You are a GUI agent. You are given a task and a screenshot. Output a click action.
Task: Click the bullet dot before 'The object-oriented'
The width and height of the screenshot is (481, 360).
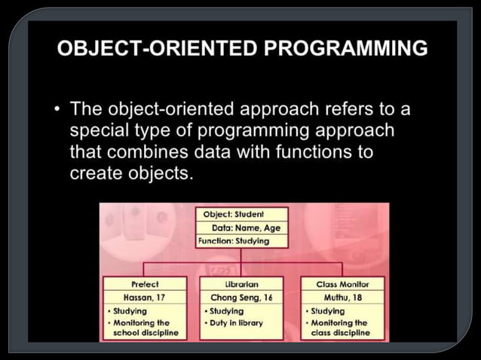click(x=57, y=111)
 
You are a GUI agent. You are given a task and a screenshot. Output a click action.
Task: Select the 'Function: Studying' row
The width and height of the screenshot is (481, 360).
click(x=233, y=241)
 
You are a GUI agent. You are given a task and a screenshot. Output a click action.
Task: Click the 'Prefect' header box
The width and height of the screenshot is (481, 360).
click(x=144, y=284)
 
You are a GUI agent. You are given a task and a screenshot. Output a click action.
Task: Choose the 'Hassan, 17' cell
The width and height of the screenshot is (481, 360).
click(x=144, y=297)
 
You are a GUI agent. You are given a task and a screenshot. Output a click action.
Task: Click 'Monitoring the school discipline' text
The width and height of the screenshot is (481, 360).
click(x=146, y=328)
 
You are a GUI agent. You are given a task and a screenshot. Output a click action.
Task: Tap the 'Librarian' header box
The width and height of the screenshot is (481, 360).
click(x=242, y=284)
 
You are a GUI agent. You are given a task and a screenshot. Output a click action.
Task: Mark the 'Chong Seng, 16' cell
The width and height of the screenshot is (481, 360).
click(x=242, y=297)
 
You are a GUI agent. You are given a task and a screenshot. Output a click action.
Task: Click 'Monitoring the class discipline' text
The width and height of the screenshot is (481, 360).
click(x=340, y=328)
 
